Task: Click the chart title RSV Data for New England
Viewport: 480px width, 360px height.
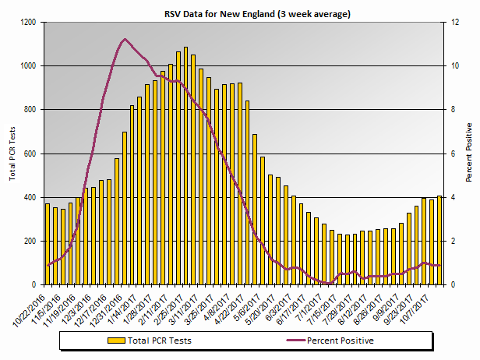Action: (240, 14)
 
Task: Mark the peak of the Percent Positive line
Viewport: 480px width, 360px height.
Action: (125, 39)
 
